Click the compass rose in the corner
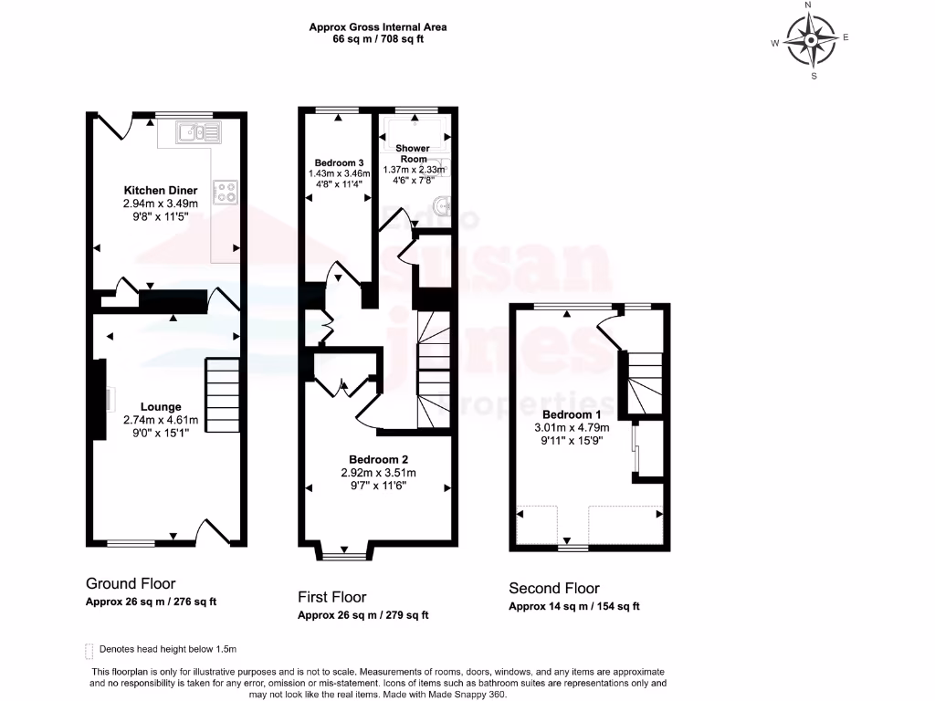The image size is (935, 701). click(x=810, y=42)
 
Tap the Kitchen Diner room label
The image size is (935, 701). click(x=161, y=191)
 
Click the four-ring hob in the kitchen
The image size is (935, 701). click(x=225, y=191)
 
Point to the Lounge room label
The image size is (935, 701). click(x=161, y=407)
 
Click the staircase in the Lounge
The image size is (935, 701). click(x=221, y=388)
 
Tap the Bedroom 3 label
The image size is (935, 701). click(x=335, y=162)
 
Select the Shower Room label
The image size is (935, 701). click(x=413, y=153)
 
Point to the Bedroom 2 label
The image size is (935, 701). click(x=377, y=459)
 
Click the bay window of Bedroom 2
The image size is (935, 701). click(x=344, y=551)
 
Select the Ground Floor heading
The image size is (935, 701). click(x=131, y=583)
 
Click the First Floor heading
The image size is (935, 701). click(x=332, y=597)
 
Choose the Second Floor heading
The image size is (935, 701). click(x=554, y=588)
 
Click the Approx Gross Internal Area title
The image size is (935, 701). click(x=377, y=27)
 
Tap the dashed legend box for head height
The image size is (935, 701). click(x=89, y=650)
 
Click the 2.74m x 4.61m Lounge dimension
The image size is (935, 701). click(x=161, y=420)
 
